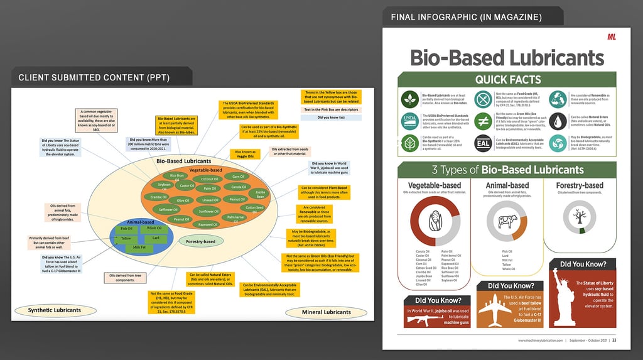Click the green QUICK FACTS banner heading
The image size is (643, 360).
pyautogui.click(x=508, y=79)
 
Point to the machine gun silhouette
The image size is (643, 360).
pyautogui.click(x=426, y=319)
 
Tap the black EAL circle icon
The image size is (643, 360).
pyautogui.click(x=482, y=143)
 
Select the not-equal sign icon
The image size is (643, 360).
pyautogui.click(x=482, y=121)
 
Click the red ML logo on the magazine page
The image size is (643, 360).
pyautogui.click(x=611, y=38)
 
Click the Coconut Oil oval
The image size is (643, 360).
pyautogui.click(x=210, y=179)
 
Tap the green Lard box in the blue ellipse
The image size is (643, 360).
pyautogui.click(x=156, y=238)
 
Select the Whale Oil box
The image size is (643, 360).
pyautogui.click(x=154, y=228)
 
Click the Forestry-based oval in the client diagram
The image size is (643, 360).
pyautogui.click(x=201, y=241)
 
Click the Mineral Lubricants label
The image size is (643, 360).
pyautogui.click(x=325, y=312)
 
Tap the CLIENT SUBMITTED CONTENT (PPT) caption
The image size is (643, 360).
pyautogui.click(x=93, y=78)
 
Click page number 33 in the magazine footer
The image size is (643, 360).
pyautogui.click(x=614, y=341)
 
